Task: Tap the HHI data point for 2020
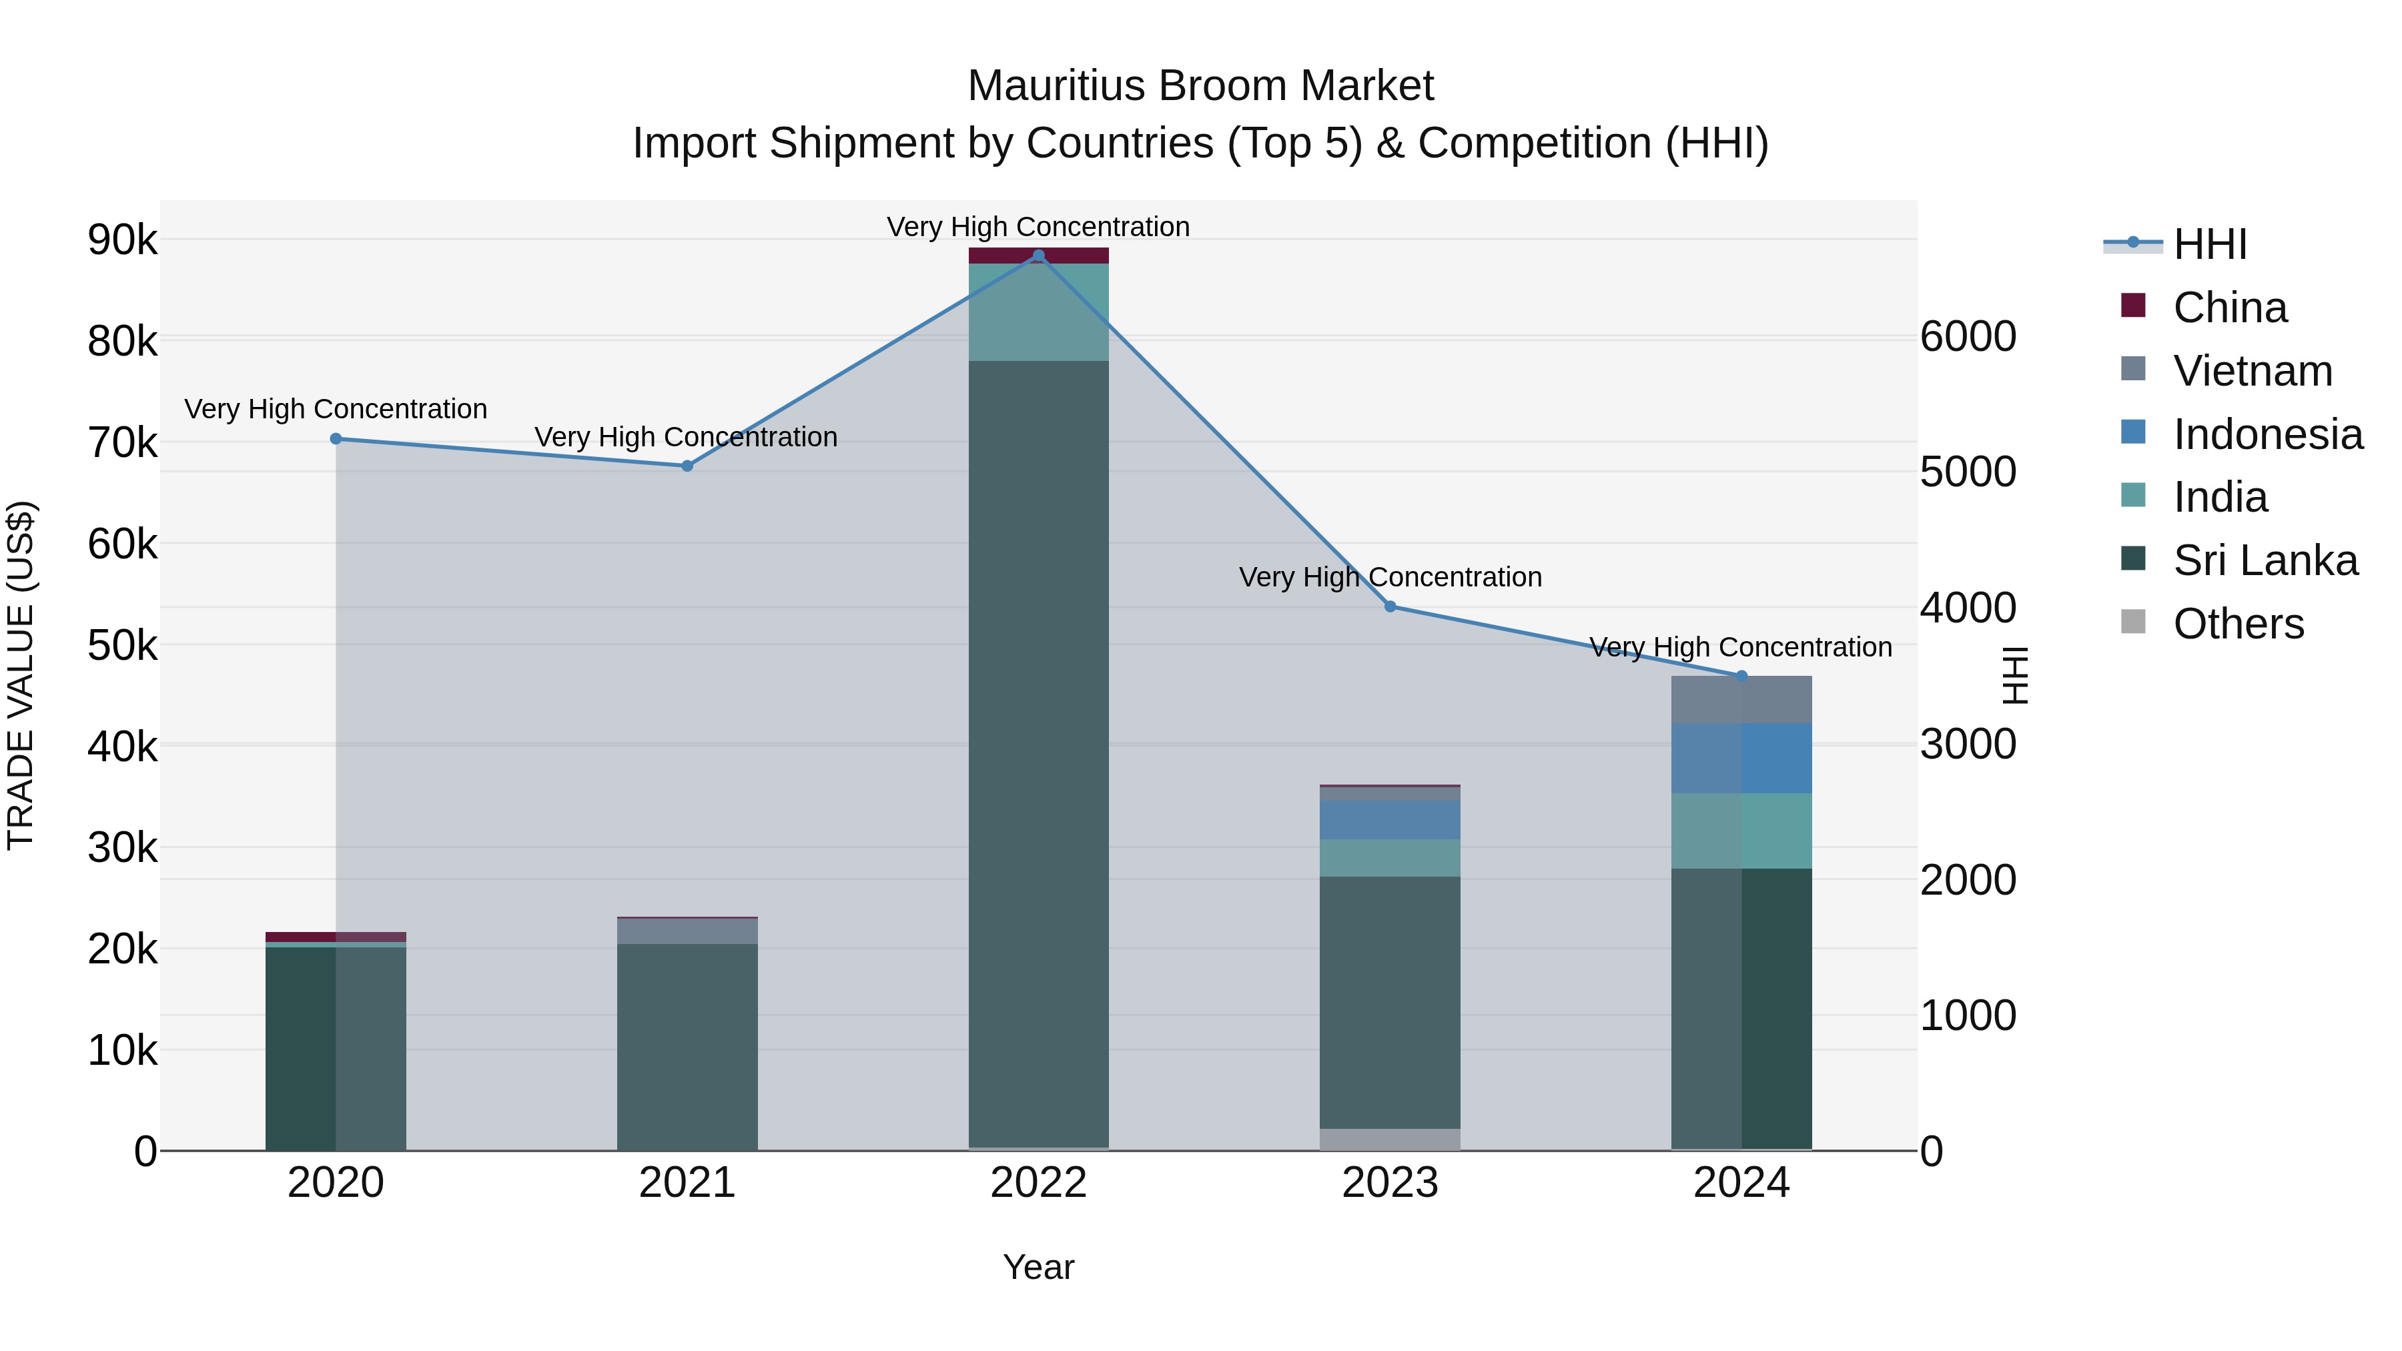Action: coord(336,438)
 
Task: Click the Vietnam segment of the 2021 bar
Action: coord(687,931)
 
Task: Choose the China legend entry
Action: coord(2229,308)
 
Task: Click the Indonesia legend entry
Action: coord(2267,434)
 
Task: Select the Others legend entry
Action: coord(2238,624)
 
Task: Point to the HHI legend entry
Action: coord(2209,244)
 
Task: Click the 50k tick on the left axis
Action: coord(122,645)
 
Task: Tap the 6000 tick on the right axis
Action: coord(1968,337)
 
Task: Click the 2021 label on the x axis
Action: coord(687,1183)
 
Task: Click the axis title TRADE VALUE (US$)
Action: coord(21,675)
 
